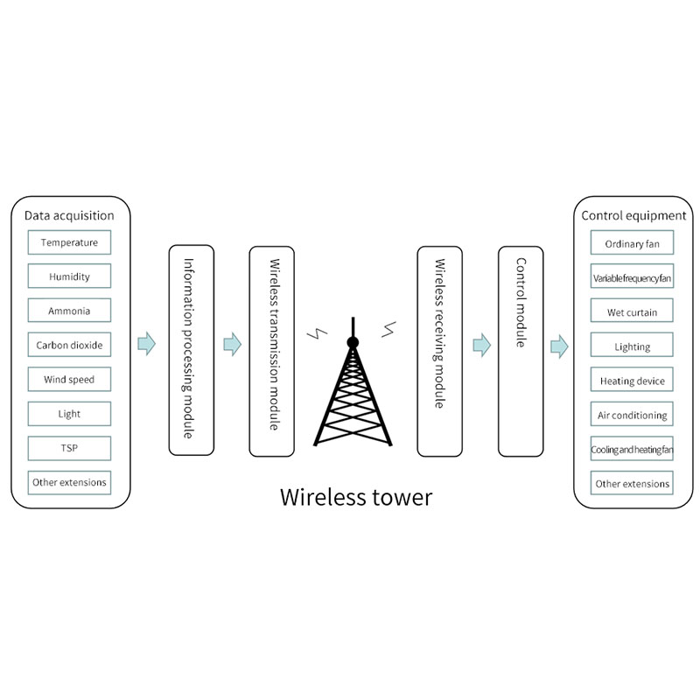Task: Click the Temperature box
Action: pyautogui.click(x=69, y=242)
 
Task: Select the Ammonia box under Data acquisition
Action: pyautogui.click(x=69, y=311)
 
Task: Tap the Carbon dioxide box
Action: pyautogui.click(x=69, y=345)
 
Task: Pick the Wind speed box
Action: pyautogui.click(x=69, y=380)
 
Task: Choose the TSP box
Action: pyautogui.click(x=69, y=448)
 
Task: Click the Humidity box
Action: pyautogui.click(x=69, y=276)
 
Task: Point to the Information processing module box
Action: pyautogui.click(x=192, y=351)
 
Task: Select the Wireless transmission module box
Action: pyautogui.click(x=272, y=351)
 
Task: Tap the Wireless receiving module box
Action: pyautogui.click(x=439, y=351)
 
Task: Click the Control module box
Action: pyautogui.click(x=521, y=351)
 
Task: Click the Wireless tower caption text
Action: pyautogui.click(x=355, y=498)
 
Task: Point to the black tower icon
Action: pyautogui.click(x=352, y=394)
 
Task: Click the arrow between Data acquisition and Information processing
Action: pyautogui.click(x=147, y=344)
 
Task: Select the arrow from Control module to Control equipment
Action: pyautogui.click(x=559, y=346)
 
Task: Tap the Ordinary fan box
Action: pyautogui.click(x=632, y=244)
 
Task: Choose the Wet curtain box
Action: pyautogui.click(x=632, y=312)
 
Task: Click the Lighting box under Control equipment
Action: pyautogui.click(x=632, y=346)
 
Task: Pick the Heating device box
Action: pyautogui.click(x=632, y=381)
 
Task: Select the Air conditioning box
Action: pyautogui.click(x=632, y=415)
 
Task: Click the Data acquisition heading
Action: pyautogui.click(x=69, y=215)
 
